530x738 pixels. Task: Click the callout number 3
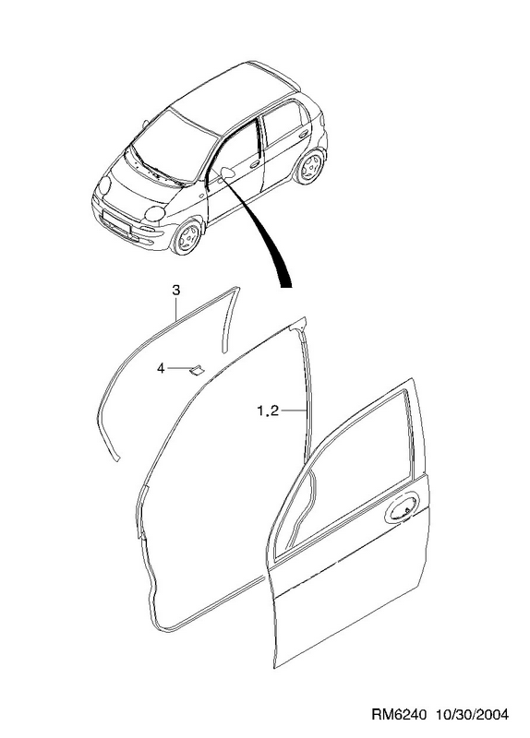[175, 291]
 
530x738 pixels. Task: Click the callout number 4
[161, 368]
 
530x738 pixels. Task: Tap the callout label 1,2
[268, 411]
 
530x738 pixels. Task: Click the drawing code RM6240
[399, 714]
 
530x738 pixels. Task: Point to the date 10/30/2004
[471, 714]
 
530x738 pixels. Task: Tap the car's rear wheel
[309, 167]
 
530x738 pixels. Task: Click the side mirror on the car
[227, 173]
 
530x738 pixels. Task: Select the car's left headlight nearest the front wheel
[154, 214]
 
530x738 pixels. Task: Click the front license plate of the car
[116, 222]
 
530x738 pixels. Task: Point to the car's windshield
[175, 144]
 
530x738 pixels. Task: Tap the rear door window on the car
[282, 123]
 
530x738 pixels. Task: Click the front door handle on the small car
[255, 164]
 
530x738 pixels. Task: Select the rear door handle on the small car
[304, 134]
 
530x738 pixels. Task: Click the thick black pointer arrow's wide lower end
[286, 284]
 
